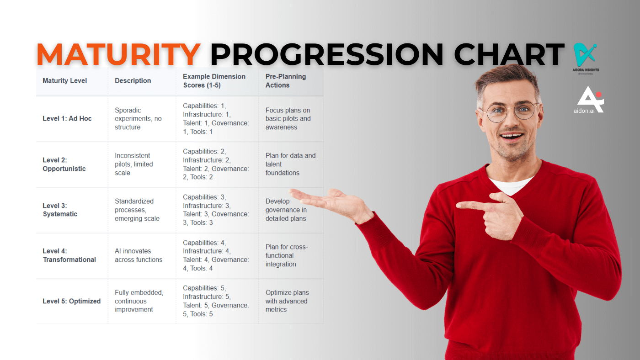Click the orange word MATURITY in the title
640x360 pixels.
pos(118,54)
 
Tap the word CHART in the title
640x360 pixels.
pos(509,54)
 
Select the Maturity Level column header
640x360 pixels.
pos(64,81)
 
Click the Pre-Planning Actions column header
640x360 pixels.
pos(286,81)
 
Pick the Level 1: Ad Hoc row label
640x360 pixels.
pos(67,118)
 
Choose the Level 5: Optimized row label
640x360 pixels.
pos(71,301)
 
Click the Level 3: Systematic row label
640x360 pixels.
pos(60,210)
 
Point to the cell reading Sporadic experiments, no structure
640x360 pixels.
pos(138,118)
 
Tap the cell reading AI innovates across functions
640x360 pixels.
pos(139,255)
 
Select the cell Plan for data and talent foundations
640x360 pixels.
pos(291,164)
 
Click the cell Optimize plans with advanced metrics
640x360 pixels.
pos(287,301)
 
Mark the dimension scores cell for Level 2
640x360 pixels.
pos(216,164)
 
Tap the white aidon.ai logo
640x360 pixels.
pos(589,100)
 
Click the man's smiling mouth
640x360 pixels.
pos(512,136)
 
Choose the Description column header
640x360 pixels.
pos(133,81)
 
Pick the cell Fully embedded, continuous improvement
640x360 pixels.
pos(139,301)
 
